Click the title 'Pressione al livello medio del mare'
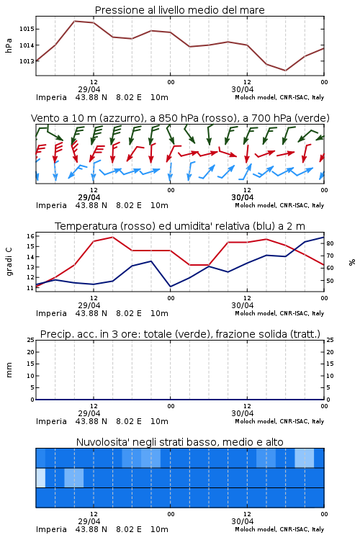click(x=179, y=10)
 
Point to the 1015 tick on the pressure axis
click(x=27, y=29)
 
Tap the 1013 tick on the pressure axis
click(x=27, y=61)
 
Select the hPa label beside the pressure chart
click(x=9, y=45)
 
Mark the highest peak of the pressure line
click(x=75, y=21)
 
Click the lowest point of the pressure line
click(x=285, y=71)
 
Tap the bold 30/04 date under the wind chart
click(x=243, y=197)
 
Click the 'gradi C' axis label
click(x=9, y=261)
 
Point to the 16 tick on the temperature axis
click(x=30, y=236)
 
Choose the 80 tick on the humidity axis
click(x=330, y=243)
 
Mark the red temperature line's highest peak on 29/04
click(x=112, y=237)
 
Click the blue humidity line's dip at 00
click(x=170, y=287)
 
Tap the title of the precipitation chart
click(x=180, y=334)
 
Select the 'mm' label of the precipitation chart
click(x=9, y=370)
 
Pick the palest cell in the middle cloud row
click(x=40, y=477)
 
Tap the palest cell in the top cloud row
click(x=304, y=458)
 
